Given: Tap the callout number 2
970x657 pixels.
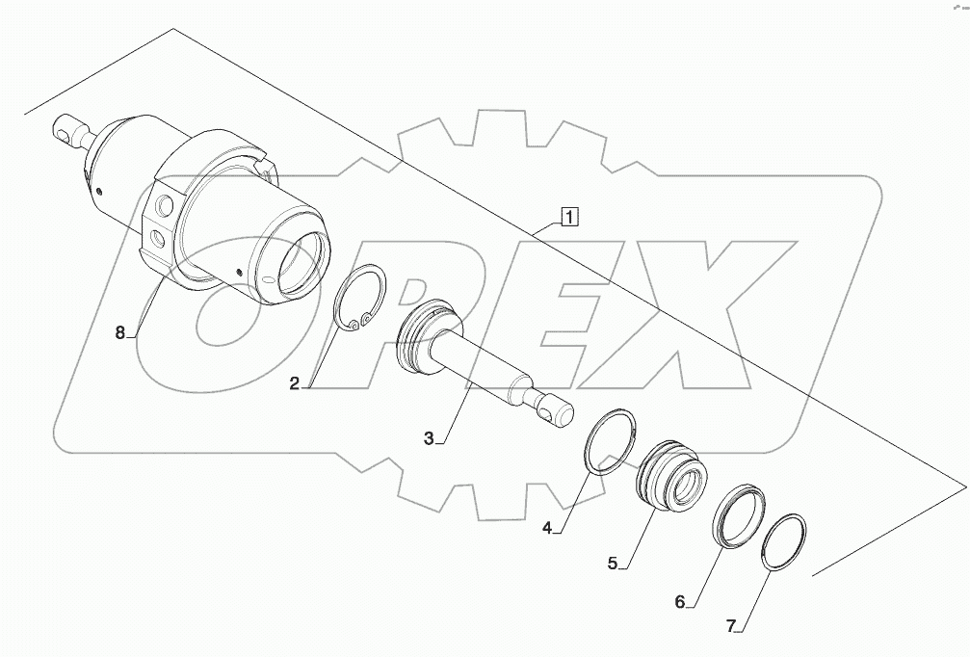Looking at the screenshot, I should click(295, 383).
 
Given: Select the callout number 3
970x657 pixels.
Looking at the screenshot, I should click(429, 438).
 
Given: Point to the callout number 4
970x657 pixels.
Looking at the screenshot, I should click(547, 528).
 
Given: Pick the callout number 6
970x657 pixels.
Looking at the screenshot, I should click(679, 602).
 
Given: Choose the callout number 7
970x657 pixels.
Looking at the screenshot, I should click(731, 626).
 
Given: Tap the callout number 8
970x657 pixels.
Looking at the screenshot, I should click(120, 332).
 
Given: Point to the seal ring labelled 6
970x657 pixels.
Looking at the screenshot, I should click(741, 511).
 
